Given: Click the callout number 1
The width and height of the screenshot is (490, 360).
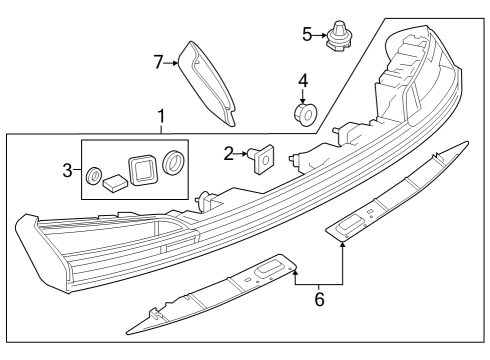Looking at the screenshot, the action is point(161,117).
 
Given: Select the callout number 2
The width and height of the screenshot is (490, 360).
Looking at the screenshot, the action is point(228,154).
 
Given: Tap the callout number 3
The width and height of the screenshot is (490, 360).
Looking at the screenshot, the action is point(67,171).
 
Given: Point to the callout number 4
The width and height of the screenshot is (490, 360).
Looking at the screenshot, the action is point(303,81).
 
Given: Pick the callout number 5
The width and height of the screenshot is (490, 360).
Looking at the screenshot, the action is point(307,34).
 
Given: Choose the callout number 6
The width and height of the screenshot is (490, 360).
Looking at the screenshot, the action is point(319,299).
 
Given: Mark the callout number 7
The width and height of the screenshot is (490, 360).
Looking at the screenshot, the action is point(159,62).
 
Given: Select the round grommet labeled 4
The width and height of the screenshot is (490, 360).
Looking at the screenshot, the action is point(305,114).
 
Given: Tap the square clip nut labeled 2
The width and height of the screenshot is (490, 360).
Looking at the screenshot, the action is point(262,159).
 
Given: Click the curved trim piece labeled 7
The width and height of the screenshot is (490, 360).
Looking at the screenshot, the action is point(207,83).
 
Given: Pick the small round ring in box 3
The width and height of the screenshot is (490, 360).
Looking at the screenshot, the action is point(93,175).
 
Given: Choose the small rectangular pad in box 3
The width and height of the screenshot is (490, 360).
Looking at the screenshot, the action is point(115,184).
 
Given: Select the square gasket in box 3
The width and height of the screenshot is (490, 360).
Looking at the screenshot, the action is point(143,170).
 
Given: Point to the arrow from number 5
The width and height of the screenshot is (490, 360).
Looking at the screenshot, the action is point(320,35).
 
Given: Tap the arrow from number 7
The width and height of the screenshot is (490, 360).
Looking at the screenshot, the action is point(171,62).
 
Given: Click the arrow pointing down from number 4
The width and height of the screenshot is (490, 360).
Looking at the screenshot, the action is point(303,96).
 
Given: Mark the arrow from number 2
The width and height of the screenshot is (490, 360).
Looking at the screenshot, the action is point(241,154).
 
